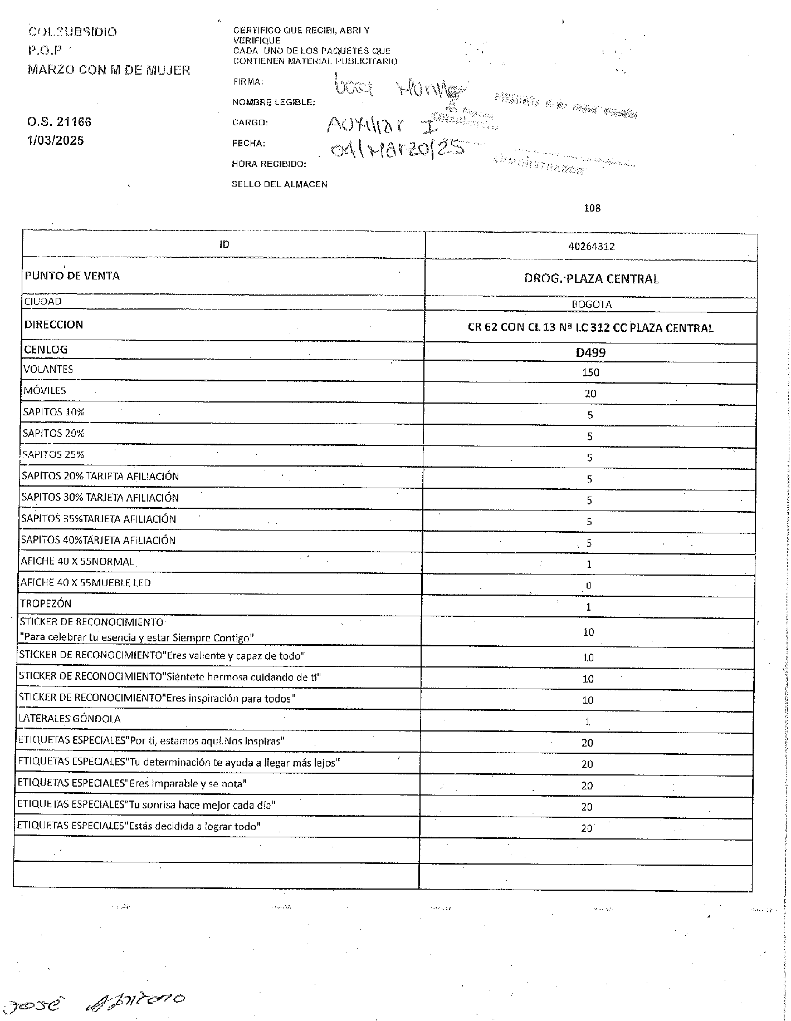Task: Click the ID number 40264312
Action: (x=591, y=246)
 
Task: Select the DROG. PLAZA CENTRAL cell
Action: (x=591, y=278)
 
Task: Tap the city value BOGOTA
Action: (x=591, y=305)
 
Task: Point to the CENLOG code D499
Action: (x=590, y=352)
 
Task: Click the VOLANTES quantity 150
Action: (x=590, y=372)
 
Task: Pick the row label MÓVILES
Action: (x=45, y=391)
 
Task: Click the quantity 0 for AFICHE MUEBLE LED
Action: (x=589, y=586)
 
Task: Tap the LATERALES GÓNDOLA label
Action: (x=70, y=719)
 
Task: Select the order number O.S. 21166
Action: (x=59, y=122)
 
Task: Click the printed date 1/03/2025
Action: (x=56, y=140)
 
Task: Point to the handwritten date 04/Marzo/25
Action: (x=397, y=148)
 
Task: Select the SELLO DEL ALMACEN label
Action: (x=279, y=184)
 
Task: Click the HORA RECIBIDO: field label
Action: (x=269, y=164)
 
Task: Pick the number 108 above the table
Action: (x=592, y=208)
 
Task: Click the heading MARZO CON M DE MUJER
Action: (x=109, y=71)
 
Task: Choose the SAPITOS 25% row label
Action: (x=53, y=455)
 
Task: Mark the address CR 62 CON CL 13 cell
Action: (x=590, y=328)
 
